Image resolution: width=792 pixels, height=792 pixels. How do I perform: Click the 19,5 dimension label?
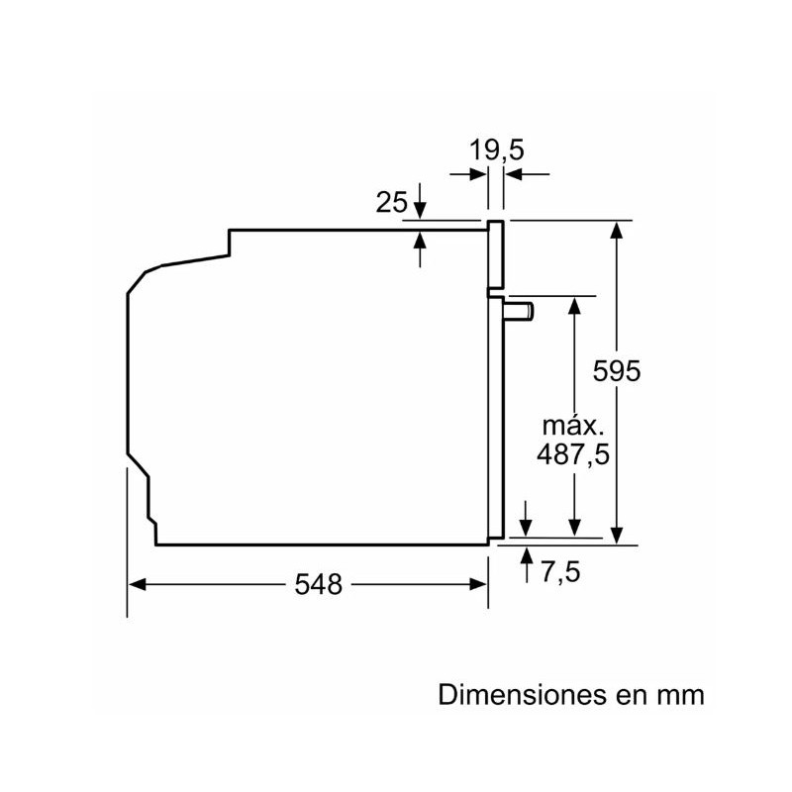(497, 150)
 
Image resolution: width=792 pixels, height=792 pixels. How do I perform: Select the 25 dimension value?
(391, 203)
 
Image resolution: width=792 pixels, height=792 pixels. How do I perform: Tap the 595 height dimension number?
(616, 370)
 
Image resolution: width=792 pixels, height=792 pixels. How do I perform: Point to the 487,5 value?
(573, 454)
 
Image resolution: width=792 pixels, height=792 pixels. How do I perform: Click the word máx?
(573, 427)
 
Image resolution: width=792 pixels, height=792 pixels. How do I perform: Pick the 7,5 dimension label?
(560, 572)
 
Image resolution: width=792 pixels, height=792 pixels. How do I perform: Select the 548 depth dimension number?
(318, 584)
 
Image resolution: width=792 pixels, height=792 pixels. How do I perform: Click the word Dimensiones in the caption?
(522, 695)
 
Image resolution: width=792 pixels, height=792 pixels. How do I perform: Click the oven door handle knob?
(518, 311)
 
